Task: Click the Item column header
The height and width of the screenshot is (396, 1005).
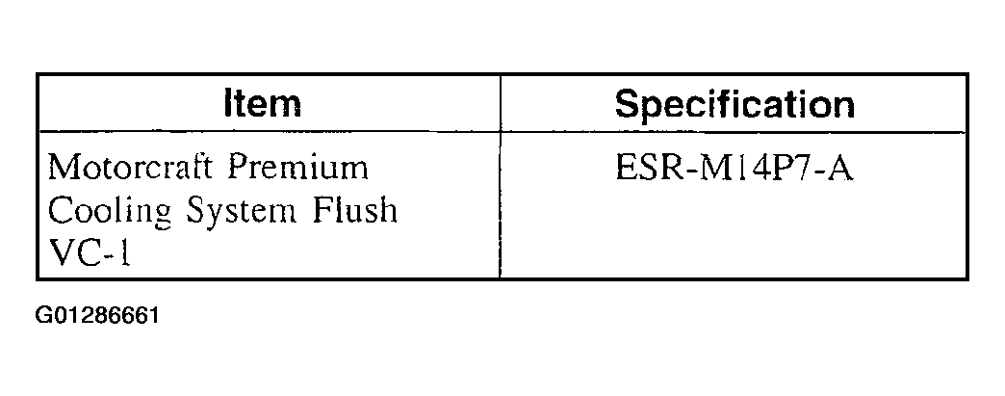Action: (x=263, y=104)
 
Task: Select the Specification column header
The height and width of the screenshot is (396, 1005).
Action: (x=734, y=105)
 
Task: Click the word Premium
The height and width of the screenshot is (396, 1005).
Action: (x=298, y=168)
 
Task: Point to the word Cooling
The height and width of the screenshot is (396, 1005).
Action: (x=111, y=211)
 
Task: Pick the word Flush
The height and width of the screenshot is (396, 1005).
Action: (x=355, y=209)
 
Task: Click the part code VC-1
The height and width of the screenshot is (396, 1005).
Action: (x=90, y=253)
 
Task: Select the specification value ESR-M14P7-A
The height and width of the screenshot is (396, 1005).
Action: (x=734, y=169)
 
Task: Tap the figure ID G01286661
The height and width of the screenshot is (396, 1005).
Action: (x=97, y=316)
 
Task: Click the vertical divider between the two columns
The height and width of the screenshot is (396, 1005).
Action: (x=500, y=176)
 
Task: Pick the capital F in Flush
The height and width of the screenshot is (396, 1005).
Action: (x=322, y=210)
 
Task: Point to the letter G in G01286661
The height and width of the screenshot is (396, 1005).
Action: (x=42, y=316)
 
